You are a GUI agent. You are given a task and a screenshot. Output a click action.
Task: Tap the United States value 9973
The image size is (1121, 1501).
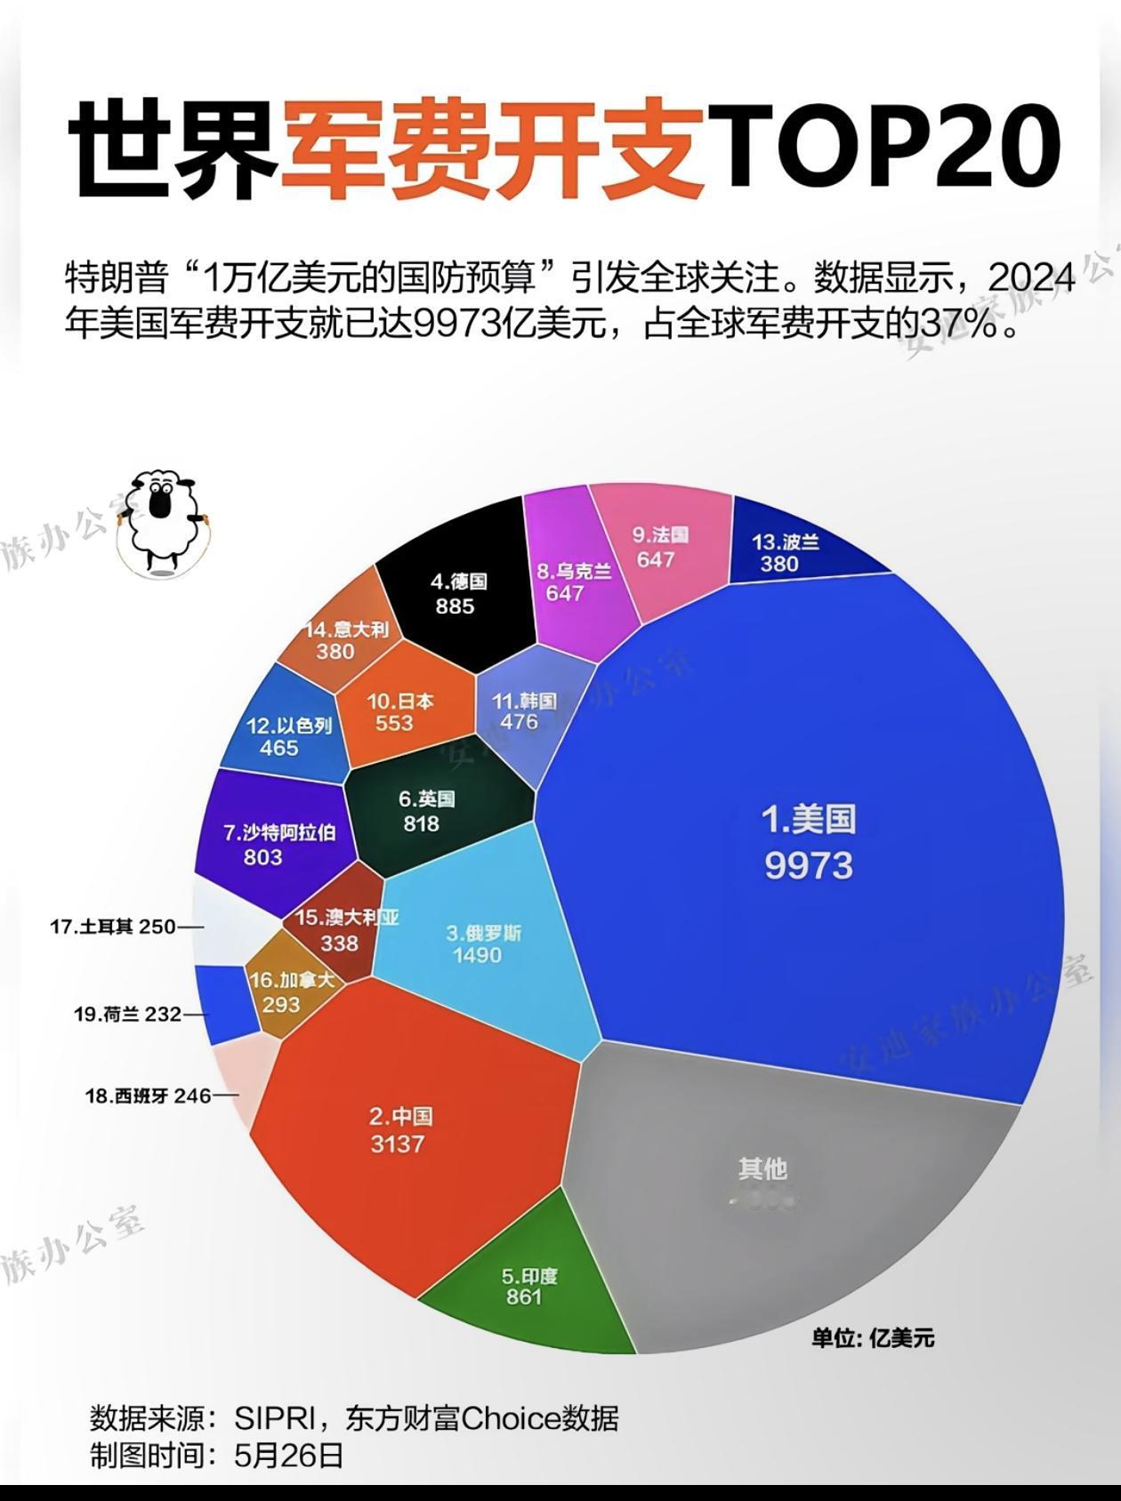(x=809, y=865)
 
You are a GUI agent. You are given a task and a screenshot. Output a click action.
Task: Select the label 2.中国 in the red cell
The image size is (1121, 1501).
(x=400, y=1117)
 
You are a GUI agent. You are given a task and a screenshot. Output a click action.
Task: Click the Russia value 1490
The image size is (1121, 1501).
(x=478, y=956)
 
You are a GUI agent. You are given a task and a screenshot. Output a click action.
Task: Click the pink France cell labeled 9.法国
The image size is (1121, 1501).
(x=661, y=547)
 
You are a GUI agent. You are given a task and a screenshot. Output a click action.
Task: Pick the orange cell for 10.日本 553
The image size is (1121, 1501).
(x=399, y=712)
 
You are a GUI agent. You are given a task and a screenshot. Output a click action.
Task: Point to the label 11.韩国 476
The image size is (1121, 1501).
(x=523, y=711)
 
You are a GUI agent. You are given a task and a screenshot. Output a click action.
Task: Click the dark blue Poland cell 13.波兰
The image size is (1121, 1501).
(x=786, y=552)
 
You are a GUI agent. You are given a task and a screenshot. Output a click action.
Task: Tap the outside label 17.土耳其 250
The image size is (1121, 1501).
(x=113, y=927)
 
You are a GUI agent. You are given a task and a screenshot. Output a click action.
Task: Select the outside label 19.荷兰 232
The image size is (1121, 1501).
(x=127, y=1014)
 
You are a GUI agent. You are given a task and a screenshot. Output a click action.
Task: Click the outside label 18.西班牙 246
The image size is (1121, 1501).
(x=148, y=1096)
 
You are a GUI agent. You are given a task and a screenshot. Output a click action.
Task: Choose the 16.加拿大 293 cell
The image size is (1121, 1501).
(x=292, y=992)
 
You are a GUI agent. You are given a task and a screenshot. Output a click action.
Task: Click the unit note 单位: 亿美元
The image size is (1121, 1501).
(x=872, y=1338)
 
